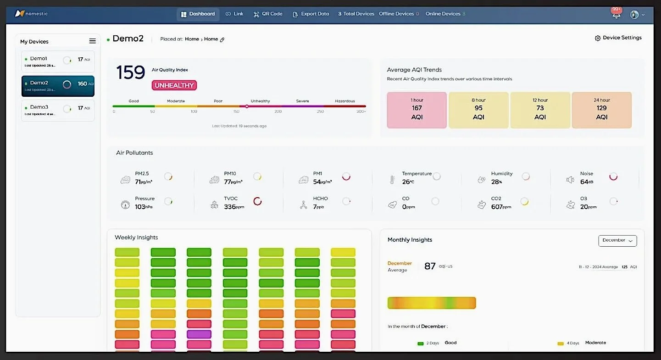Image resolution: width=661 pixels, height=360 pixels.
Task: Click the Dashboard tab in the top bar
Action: [198, 14]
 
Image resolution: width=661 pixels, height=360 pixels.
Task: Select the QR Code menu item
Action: [268, 14]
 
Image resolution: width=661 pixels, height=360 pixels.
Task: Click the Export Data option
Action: [311, 14]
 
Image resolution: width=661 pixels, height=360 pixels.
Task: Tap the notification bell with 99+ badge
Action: [617, 15]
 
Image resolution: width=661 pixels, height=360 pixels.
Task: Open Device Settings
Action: [618, 38]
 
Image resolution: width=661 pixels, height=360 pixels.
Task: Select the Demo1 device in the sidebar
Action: [58, 61]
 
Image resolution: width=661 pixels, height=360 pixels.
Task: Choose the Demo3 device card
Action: [58, 110]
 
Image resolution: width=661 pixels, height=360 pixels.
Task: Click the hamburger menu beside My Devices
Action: [92, 41]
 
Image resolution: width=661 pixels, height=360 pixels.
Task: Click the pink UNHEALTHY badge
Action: [174, 85]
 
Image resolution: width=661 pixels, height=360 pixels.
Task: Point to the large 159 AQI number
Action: [130, 73]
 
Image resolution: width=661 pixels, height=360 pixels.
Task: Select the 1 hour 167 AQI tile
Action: [417, 110]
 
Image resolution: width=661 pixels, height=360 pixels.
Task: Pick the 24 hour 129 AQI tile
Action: [601, 110]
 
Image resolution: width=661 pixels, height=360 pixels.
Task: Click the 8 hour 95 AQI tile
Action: [478, 110]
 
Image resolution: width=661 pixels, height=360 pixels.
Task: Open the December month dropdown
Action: [617, 240]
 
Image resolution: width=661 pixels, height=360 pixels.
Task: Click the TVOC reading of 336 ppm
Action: [234, 207]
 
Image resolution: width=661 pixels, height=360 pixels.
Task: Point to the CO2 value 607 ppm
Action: [501, 207]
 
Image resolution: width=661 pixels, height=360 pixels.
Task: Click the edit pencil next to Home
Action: [222, 40]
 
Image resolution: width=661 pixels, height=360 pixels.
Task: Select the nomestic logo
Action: [31, 14]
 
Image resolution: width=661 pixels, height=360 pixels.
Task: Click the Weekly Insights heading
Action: [136, 238]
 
